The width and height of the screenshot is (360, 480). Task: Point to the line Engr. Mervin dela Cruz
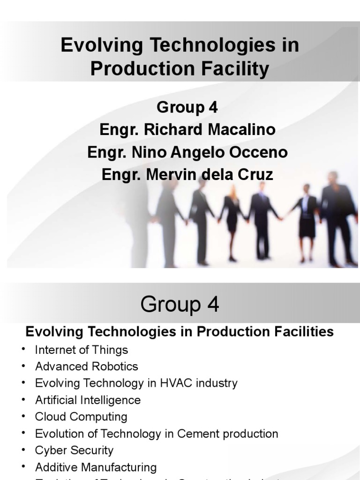pyautogui.click(x=187, y=175)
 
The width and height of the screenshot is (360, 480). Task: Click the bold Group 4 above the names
pyautogui.click(x=187, y=107)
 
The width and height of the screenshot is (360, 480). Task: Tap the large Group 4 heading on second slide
pyautogui.click(x=180, y=305)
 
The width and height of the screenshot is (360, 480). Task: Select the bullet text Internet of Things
pyautogui.click(x=81, y=350)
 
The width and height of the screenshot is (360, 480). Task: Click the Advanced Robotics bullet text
pyautogui.click(x=86, y=366)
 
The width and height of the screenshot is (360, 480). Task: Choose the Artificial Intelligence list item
pyautogui.click(x=88, y=400)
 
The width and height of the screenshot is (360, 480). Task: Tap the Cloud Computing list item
pyautogui.click(x=81, y=417)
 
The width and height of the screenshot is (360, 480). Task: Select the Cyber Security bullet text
pyautogui.click(x=74, y=450)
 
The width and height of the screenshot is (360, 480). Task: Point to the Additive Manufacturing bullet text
pyautogui.click(x=96, y=467)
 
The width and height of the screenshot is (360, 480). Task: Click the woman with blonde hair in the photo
pyautogui.click(x=232, y=220)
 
